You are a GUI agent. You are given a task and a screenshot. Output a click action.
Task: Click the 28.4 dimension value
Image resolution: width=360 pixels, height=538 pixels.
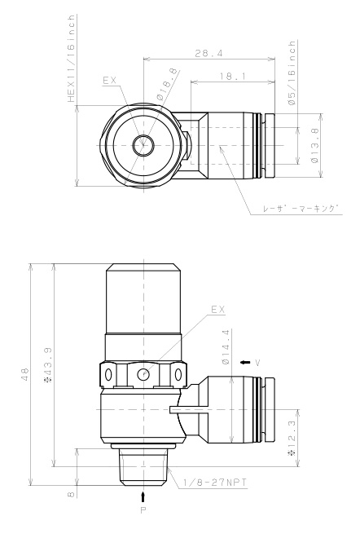click(209, 53)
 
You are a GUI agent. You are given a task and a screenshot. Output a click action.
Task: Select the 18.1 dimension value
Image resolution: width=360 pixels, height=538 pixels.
click(233, 76)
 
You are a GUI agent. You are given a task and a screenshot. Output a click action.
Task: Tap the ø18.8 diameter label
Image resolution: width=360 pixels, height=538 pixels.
click(167, 84)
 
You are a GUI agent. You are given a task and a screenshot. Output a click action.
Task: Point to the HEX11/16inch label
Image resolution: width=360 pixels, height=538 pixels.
click(71, 59)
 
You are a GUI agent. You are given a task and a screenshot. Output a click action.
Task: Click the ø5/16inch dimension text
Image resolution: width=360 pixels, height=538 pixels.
click(292, 73)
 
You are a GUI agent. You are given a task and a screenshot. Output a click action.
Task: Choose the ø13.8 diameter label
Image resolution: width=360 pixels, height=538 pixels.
click(314, 145)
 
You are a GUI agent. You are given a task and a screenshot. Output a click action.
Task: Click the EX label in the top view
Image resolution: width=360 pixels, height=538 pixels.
click(110, 81)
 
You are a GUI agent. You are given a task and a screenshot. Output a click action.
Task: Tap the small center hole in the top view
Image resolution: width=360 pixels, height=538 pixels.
click(143, 145)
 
